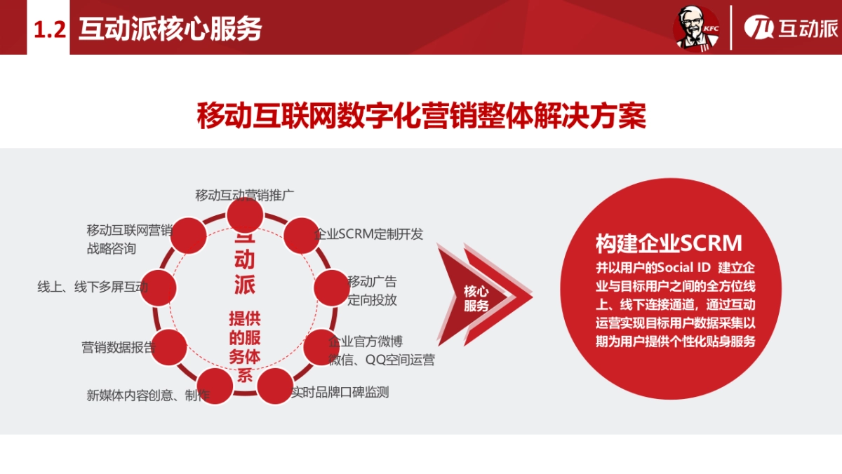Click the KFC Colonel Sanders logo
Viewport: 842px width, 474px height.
click(696, 28)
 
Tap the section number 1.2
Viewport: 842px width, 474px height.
click(49, 29)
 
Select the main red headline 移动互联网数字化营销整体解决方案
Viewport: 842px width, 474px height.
click(421, 116)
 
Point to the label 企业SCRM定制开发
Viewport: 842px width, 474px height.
click(370, 234)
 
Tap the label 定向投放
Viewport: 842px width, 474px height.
click(373, 300)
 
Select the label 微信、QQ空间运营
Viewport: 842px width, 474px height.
click(382, 360)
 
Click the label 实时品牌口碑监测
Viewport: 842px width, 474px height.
click(340, 393)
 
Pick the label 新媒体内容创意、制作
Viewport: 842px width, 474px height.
click(147, 395)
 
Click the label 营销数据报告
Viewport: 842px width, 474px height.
click(118, 347)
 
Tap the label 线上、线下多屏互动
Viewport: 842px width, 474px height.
click(93, 287)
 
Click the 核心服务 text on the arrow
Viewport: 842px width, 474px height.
click(477, 298)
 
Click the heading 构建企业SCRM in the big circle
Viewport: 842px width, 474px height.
click(669, 243)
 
